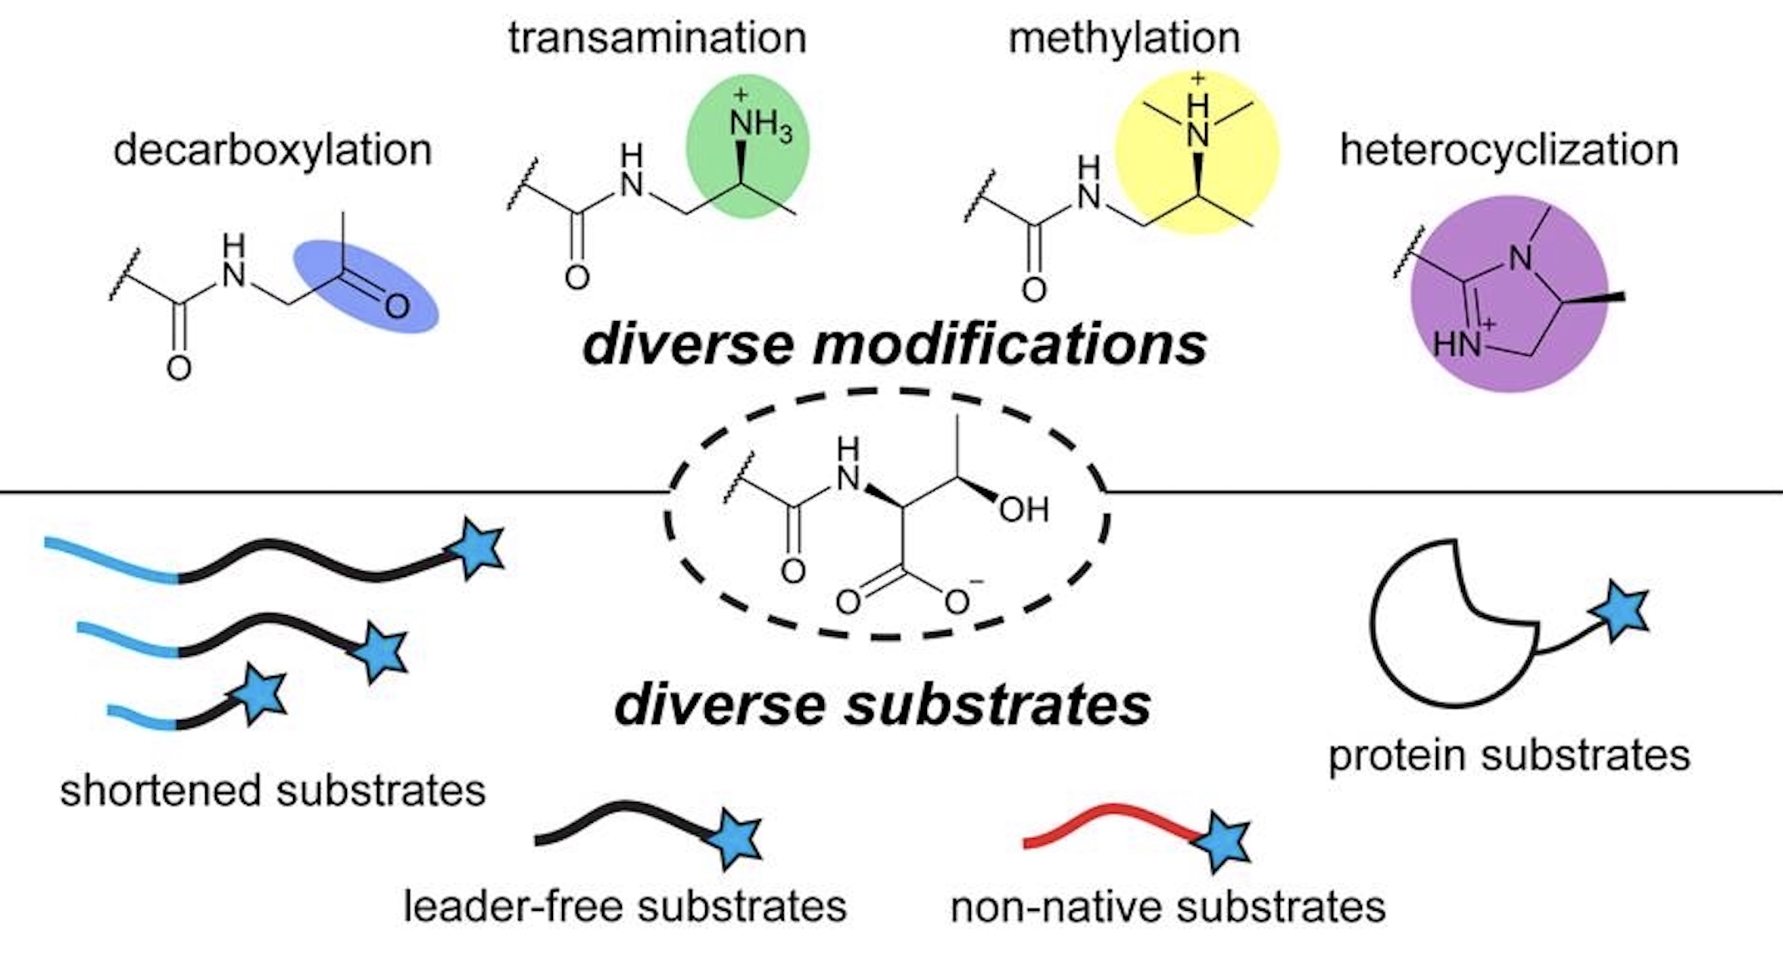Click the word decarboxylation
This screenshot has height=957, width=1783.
point(273,150)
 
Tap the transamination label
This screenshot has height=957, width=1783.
point(657,38)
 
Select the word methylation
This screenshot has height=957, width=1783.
point(1124,38)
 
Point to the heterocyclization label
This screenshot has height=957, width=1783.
point(1509,150)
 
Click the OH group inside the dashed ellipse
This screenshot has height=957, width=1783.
point(1023,510)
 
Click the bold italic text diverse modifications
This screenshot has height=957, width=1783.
point(894,345)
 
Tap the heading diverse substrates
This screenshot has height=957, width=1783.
point(882,705)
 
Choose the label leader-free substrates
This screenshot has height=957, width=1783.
point(625,906)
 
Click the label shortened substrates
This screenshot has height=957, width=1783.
point(273,791)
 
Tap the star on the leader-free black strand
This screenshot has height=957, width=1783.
point(735,838)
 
